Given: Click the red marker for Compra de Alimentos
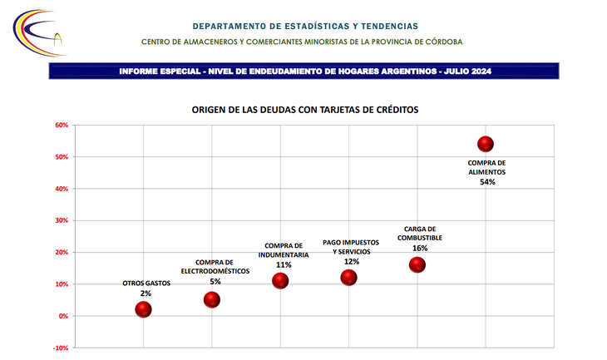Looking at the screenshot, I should pyautogui.click(x=486, y=144).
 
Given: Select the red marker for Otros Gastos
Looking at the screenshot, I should pyautogui.click(x=144, y=309).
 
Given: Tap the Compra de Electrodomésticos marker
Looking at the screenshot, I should pyautogui.click(x=212, y=299).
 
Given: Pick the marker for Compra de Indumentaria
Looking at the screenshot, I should pyautogui.click(x=280, y=280).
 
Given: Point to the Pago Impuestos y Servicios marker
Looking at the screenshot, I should pyautogui.click(x=348, y=278).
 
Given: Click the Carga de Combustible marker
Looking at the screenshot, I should pyautogui.click(x=417, y=264).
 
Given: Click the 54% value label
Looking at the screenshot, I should pyautogui.click(x=487, y=182).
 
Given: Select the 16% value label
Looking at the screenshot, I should pyautogui.click(x=420, y=248).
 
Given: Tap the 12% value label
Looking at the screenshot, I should pyautogui.click(x=352, y=261).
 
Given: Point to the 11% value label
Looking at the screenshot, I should pyautogui.click(x=284, y=264).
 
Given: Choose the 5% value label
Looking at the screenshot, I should pyautogui.click(x=215, y=281).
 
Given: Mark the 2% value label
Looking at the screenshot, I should pyautogui.click(x=146, y=293).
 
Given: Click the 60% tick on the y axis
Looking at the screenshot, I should pyautogui.click(x=62, y=126).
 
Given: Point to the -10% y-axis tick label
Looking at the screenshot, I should pyautogui.click(x=61, y=348).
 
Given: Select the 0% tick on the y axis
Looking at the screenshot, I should pyautogui.click(x=64, y=316).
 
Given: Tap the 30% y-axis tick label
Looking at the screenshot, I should pyautogui.click(x=62, y=220).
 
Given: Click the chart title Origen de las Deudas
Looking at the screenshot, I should pyautogui.click(x=304, y=110).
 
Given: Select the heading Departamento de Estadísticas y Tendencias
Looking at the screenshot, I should pyautogui.click(x=304, y=27).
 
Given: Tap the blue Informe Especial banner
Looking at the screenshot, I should pyautogui.click(x=304, y=72).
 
